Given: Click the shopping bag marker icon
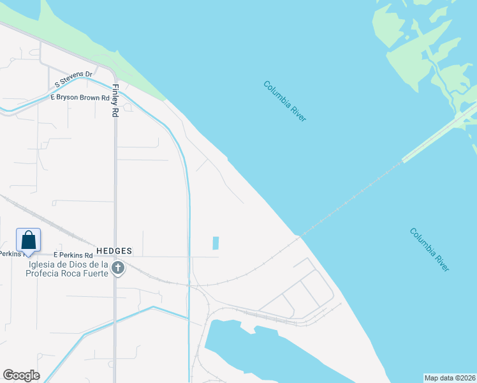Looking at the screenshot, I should click(29, 240).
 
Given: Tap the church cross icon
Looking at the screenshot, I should click(117, 268).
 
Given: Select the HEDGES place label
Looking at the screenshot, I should click(114, 251).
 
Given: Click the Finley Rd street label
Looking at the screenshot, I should click(115, 101).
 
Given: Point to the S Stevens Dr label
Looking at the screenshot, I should click(74, 80).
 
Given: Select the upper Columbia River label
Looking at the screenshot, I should click(285, 101).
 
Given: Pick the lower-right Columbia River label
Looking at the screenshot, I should click(430, 250).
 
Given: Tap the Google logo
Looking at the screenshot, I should click(21, 375).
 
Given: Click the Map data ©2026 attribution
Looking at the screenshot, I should click(450, 378).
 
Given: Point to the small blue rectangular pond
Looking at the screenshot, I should click(216, 243).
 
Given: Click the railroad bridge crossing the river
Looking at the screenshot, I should click(357, 195).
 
